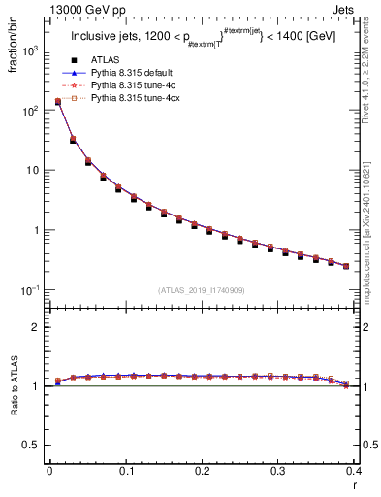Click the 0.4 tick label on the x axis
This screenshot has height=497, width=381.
[x=355, y=471]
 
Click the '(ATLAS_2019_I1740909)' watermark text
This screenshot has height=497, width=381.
[x=202, y=290]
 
